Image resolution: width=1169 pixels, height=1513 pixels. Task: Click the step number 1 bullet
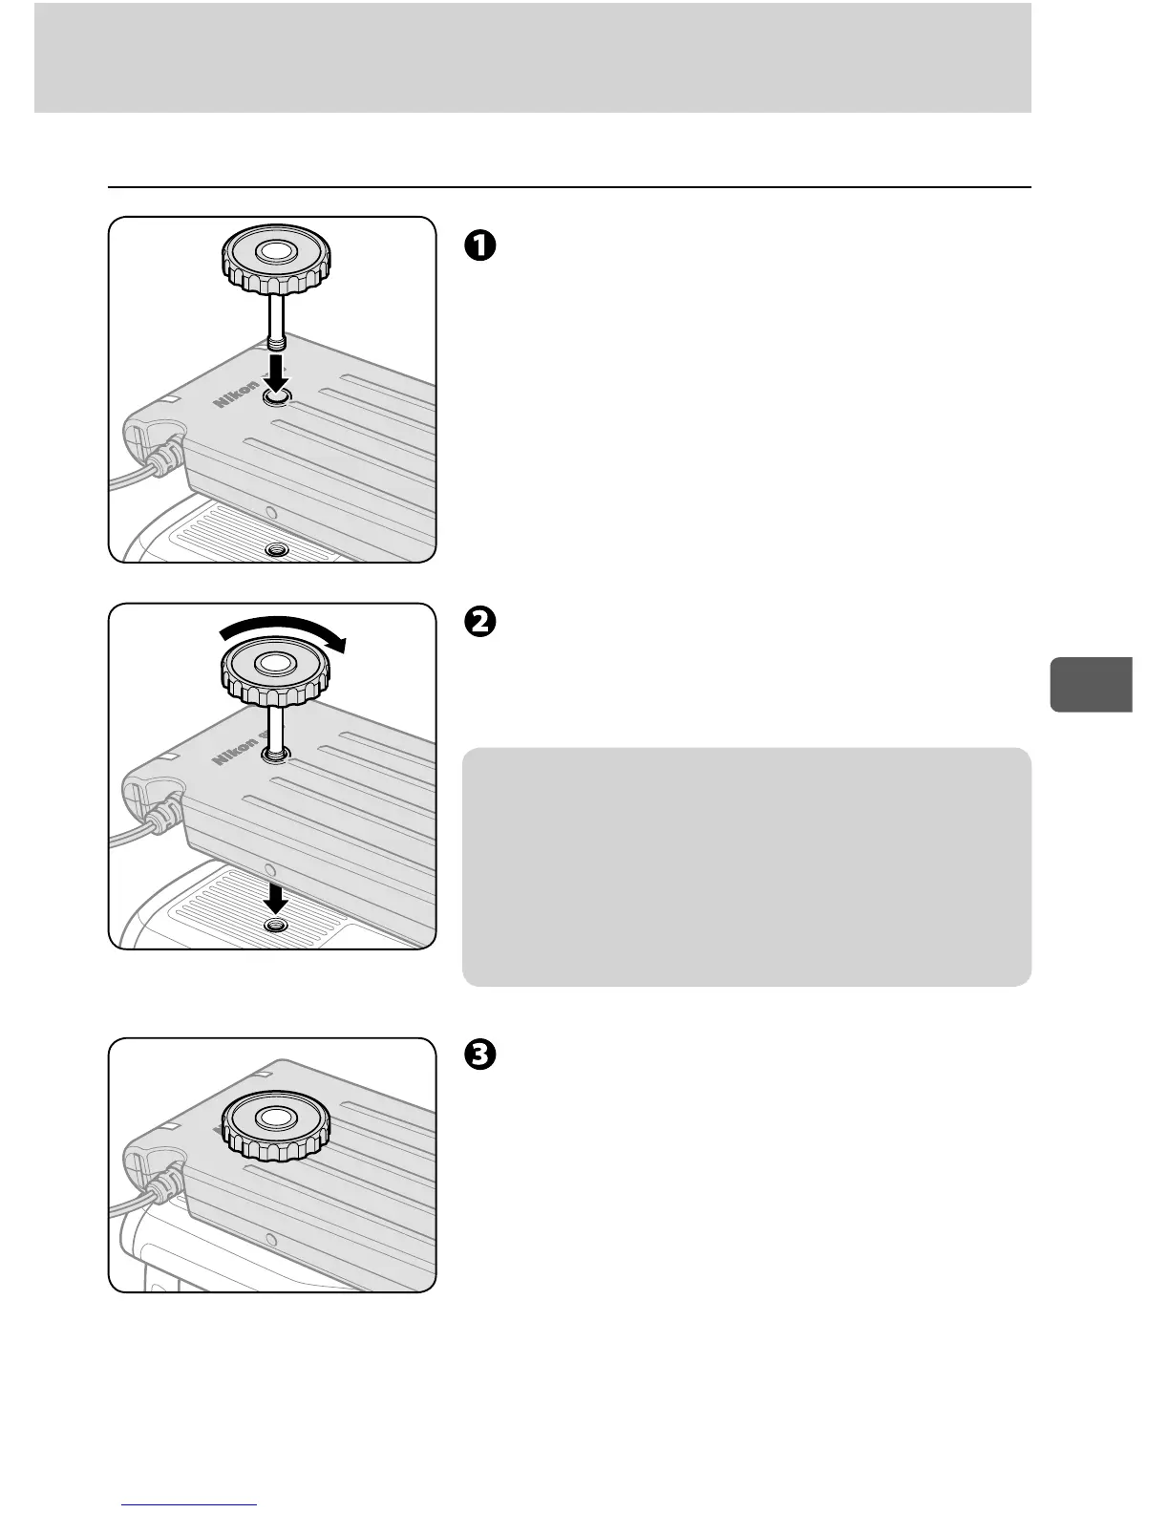tap(479, 245)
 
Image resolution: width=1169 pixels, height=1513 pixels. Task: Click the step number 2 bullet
tap(479, 622)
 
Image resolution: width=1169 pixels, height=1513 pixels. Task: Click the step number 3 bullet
tap(479, 1055)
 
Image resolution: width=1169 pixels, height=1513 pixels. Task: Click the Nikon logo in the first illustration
tap(235, 394)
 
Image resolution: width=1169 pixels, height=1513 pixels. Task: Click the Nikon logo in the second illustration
tap(235, 751)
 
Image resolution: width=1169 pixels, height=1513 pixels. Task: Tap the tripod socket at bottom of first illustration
tap(277, 549)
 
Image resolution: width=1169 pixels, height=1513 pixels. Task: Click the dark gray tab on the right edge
tap(1091, 684)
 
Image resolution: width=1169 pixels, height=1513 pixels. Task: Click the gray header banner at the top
tap(532, 57)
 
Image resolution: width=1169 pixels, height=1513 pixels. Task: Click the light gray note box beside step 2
tap(746, 865)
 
